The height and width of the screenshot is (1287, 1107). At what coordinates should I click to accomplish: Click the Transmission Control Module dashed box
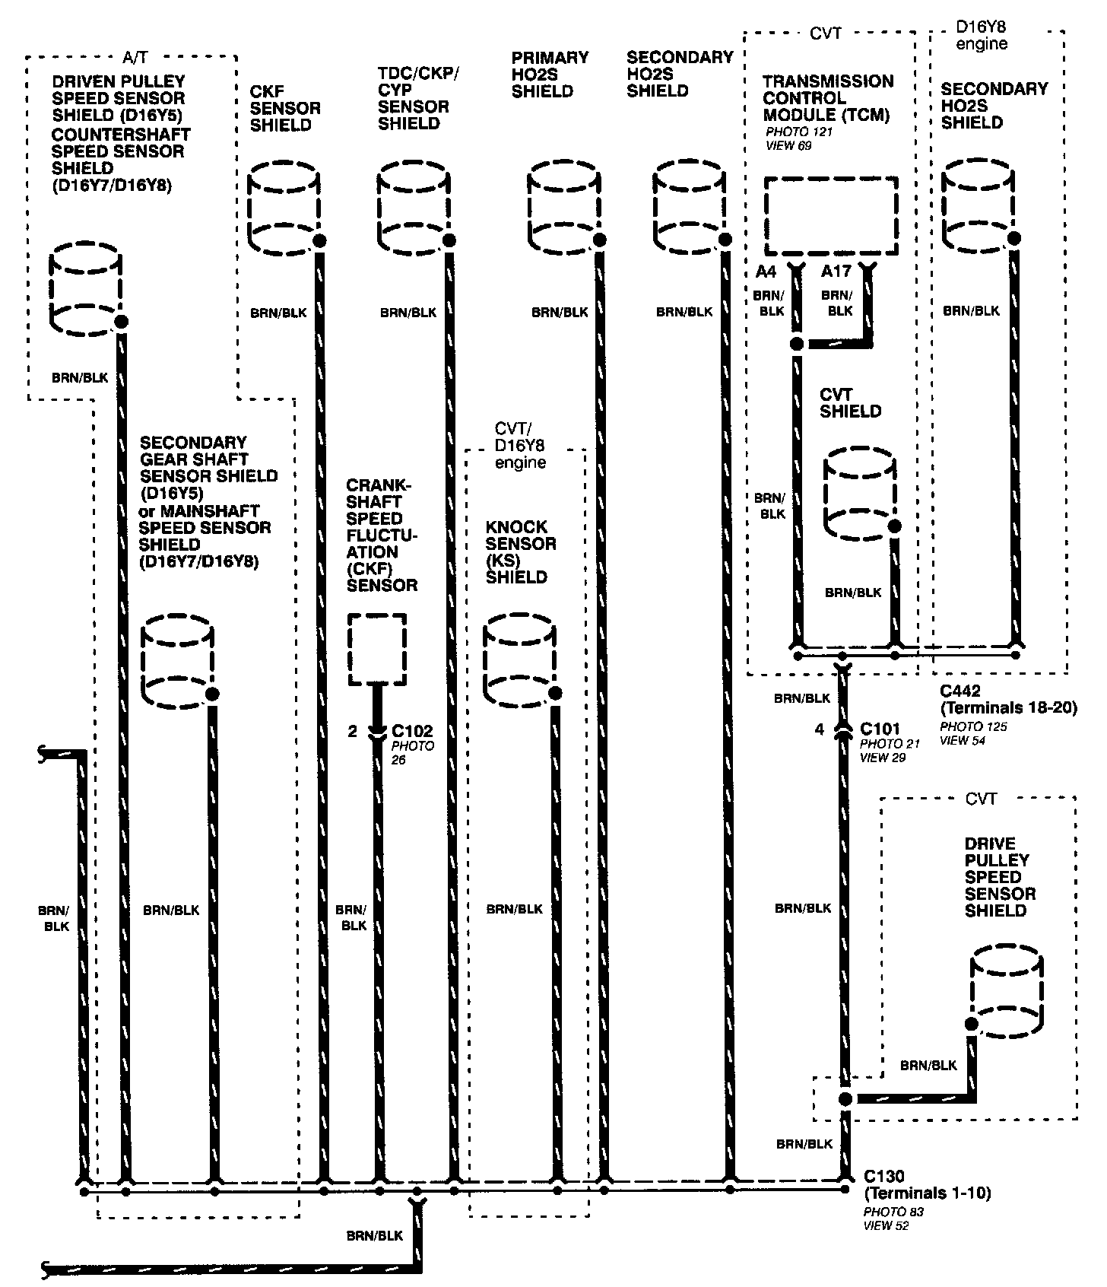[831, 217]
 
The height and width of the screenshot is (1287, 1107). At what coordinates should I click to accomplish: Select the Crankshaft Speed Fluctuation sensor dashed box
[377, 650]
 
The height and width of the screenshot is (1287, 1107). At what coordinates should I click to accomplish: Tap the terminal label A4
[766, 272]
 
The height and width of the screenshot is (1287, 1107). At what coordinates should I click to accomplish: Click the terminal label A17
[836, 272]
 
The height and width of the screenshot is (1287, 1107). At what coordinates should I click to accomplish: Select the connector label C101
[880, 729]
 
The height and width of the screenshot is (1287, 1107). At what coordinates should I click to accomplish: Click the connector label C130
[883, 1177]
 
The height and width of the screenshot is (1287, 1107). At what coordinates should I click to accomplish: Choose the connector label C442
[960, 691]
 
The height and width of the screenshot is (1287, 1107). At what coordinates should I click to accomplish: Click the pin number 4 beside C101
[819, 729]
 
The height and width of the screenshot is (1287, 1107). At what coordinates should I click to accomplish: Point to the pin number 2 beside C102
[352, 732]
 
